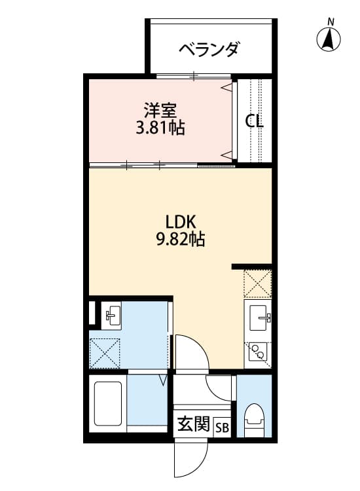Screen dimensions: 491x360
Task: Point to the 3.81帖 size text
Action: (160, 128)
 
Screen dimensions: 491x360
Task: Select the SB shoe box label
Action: (223, 427)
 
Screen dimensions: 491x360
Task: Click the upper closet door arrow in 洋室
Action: (227, 87)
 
